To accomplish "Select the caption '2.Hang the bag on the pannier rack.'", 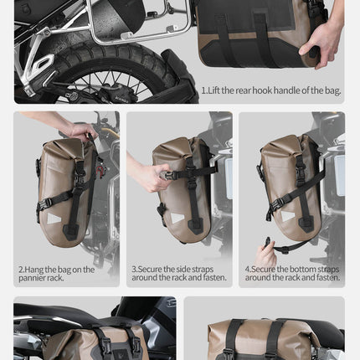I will tap(57, 273).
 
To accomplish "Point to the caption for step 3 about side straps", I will tap(177, 273).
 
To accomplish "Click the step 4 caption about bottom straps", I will tap(293, 273).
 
